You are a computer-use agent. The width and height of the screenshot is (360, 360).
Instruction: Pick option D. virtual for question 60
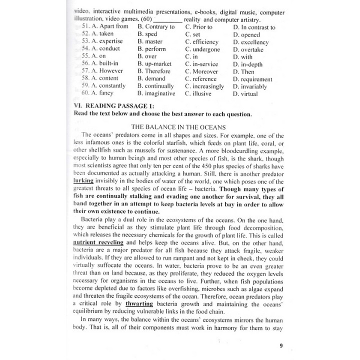[x=245, y=93]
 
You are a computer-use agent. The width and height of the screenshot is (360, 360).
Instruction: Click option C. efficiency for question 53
[x=202, y=42]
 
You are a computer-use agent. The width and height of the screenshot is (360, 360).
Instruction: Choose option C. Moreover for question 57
[x=202, y=71]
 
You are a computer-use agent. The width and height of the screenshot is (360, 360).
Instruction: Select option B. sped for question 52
[x=147, y=34]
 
